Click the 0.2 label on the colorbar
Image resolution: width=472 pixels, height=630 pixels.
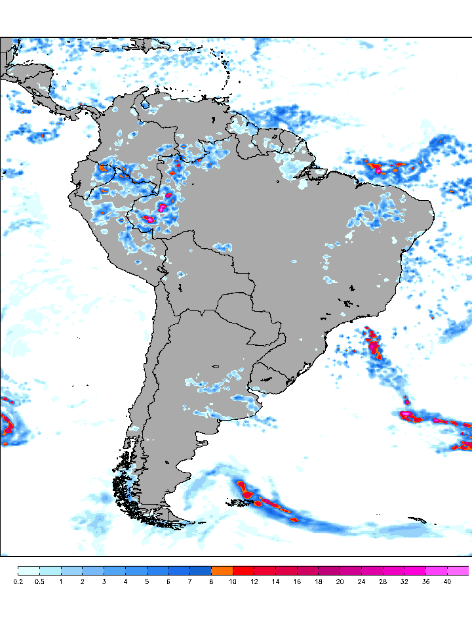tap(18, 581)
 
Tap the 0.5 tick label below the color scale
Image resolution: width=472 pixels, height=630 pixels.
tap(39, 581)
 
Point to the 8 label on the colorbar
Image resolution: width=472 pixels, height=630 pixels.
tap(211, 581)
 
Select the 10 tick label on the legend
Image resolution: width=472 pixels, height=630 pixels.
tap(233, 581)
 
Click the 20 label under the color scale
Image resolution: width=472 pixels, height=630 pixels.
tap(340, 581)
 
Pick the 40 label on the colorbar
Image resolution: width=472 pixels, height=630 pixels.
tap(447, 581)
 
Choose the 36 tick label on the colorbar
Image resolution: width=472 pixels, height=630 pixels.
tap(425, 581)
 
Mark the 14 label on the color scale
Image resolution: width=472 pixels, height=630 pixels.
tap(275, 581)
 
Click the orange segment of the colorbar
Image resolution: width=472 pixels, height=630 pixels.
tap(222, 571)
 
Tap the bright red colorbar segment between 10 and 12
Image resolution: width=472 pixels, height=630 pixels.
tap(244, 571)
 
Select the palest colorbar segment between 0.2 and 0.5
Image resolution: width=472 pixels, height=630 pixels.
tap(29, 571)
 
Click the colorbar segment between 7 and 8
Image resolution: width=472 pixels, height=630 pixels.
tap(201, 571)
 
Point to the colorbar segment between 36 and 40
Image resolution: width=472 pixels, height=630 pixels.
tap(437, 571)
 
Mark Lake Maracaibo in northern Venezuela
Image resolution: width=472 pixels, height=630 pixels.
tap(139, 109)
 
